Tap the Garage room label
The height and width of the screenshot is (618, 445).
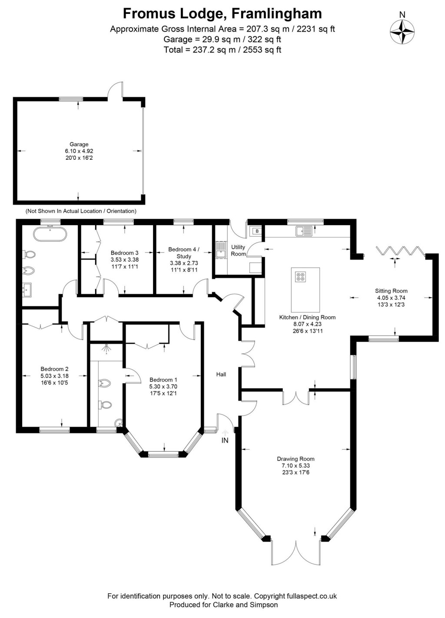click(x=79, y=144)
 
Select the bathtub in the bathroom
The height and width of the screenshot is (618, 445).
click(x=50, y=234)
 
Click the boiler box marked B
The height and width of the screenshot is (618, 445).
click(x=257, y=231)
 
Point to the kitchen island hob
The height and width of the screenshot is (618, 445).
click(x=300, y=276)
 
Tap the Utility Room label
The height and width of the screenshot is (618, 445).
click(x=238, y=250)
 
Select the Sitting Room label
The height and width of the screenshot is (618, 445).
click(x=391, y=291)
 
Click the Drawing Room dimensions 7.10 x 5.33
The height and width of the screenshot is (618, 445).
click(x=296, y=466)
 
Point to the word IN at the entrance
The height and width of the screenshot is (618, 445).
click(x=225, y=440)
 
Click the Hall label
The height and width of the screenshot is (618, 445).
click(x=221, y=374)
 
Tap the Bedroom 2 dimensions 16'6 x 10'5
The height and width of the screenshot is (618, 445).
click(x=54, y=383)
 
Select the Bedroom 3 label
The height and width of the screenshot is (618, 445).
click(x=124, y=253)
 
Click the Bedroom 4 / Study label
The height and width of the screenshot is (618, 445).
click(x=184, y=253)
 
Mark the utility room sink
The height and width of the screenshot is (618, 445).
click(x=220, y=250)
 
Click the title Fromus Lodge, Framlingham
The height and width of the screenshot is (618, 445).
click(x=222, y=13)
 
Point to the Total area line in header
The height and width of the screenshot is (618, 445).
click(x=222, y=50)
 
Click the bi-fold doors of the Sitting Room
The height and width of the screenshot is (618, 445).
click(x=400, y=251)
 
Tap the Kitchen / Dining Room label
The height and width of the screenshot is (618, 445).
click(x=307, y=317)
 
